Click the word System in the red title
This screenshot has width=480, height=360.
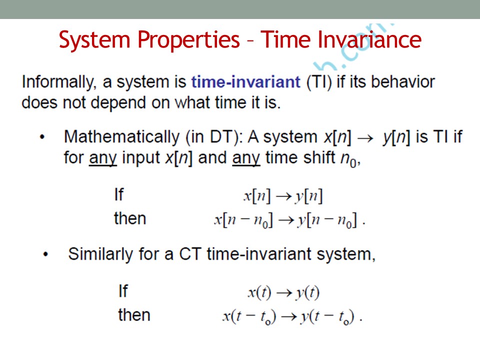(x=94, y=40)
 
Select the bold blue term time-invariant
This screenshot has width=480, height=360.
(x=246, y=82)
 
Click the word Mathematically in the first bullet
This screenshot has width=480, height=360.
(x=121, y=137)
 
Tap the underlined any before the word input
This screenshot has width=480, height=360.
(x=103, y=158)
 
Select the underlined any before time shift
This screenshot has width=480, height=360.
(x=246, y=158)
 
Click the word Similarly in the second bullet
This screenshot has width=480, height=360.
(x=100, y=254)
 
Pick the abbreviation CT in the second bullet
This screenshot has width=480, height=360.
(x=190, y=254)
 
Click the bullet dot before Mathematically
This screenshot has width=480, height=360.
(x=42, y=137)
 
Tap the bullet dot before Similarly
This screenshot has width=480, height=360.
(x=46, y=254)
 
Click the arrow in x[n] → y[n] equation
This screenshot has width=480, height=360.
(x=283, y=196)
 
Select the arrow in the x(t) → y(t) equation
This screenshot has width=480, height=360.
(x=284, y=293)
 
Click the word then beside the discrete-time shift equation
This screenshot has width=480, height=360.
(x=130, y=218)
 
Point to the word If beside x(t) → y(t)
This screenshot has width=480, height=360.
(x=123, y=291)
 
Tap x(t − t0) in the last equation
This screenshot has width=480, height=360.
(x=249, y=317)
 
